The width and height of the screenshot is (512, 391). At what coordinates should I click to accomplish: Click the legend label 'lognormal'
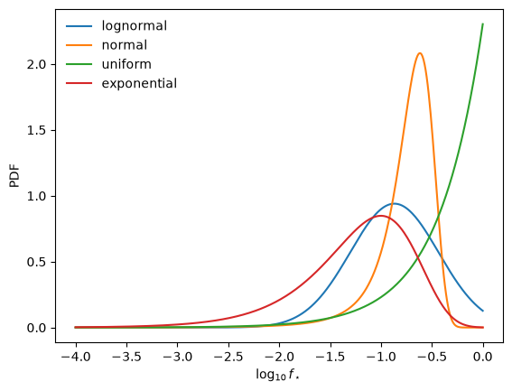[135, 26]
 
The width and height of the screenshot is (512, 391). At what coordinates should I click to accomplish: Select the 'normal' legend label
[125, 45]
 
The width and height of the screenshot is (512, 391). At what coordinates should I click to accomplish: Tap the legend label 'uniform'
[126, 64]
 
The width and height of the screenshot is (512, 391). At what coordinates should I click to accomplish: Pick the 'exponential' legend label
[139, 83]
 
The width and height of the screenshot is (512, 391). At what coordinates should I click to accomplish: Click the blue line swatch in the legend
[79, 26]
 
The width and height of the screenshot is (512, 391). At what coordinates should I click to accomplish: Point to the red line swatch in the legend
[79, 84]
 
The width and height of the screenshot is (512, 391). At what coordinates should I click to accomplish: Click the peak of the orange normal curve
[420, 53]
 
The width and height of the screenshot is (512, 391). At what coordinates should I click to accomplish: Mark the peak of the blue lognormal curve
[394, 203]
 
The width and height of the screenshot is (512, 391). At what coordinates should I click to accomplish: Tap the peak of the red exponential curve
[381, 216]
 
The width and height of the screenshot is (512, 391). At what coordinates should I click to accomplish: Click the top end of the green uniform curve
[482, 23]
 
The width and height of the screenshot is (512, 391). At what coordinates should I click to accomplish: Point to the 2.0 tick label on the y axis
[37, 64]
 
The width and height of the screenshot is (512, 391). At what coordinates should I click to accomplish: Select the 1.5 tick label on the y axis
[37, 130]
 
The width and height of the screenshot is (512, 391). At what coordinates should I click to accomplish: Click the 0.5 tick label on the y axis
[37, 262]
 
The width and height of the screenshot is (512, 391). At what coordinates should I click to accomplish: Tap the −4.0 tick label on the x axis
[76, 357]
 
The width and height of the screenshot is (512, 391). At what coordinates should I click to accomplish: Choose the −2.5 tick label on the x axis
[228, 357]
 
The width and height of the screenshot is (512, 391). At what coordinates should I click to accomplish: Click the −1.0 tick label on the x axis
[381, 357]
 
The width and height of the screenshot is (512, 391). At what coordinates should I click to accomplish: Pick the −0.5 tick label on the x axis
[432, 357]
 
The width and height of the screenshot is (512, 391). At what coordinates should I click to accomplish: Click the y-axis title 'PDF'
[14, 176]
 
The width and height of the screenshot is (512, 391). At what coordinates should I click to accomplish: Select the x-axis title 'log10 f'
[277, 375]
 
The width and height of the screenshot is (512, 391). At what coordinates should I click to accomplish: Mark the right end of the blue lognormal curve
[483, 311]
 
